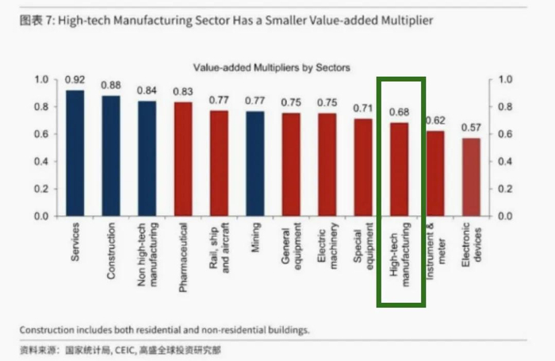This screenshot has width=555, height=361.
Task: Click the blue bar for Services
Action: [x=75, y=153]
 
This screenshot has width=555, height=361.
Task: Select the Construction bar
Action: [x=112, y=156]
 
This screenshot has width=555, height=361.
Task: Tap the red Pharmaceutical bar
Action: [x=183, y=159]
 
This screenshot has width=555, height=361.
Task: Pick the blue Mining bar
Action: [x=255, y=163]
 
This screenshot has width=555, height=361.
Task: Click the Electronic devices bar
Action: [x=471, y=177]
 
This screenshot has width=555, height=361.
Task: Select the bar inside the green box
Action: [x=400, y=170]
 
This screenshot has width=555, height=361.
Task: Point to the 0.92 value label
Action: [x=75, y=79]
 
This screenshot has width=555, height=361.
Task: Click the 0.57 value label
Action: [x=472, y=128]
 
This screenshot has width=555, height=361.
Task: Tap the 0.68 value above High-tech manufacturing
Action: [x=400, y=112]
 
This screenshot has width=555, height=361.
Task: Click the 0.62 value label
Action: [x=435, y=121]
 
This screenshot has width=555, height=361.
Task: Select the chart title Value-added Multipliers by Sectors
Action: [x=272, y=68]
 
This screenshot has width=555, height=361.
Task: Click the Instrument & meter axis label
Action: [x=436, y=249]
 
